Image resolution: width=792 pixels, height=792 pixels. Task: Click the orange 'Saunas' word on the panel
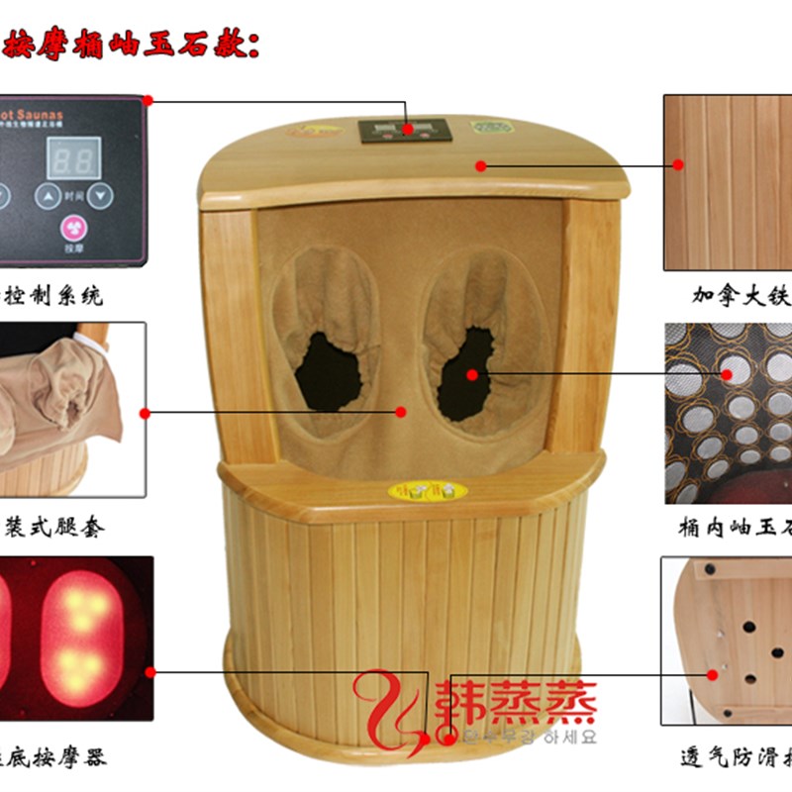click(x=41, y=115)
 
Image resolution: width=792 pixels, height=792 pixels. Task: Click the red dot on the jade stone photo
click(x=729, y=373)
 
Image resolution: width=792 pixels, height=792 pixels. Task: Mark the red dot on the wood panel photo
click(x=679, y=164)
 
